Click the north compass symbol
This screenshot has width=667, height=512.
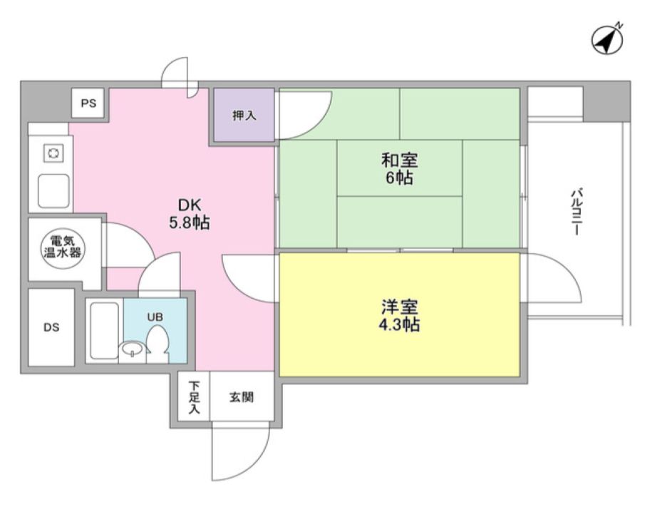(607, 40)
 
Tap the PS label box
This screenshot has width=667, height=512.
(88, 103)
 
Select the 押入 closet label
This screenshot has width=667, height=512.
(244, 115)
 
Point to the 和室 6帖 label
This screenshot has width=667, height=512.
(399, 169)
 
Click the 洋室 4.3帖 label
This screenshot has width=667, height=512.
(399, 316)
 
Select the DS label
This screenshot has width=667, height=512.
(51, 327)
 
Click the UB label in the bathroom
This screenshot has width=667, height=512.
(155, 317)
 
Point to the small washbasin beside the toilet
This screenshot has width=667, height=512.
(130, 349)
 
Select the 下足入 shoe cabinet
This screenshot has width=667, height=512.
(194, 398)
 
